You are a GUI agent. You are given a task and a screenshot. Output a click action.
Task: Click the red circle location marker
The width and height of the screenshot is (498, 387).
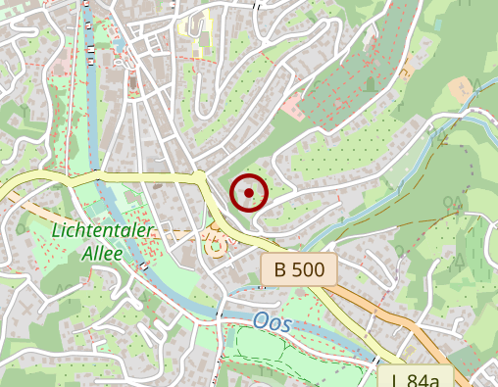(x=249, y=193)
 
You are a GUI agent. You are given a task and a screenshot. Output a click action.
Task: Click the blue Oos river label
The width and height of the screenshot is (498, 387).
(x=272, y=322)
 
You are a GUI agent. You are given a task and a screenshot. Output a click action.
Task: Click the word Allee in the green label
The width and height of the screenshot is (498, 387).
(x=103, y=253)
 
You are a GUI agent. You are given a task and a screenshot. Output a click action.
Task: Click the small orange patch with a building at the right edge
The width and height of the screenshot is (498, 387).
(x=461, y=90)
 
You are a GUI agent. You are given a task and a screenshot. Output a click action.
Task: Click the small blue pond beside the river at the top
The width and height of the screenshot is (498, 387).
(x=119, y=45)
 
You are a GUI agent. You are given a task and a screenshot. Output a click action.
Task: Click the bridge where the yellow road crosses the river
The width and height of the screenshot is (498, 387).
(x=96, y=176)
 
